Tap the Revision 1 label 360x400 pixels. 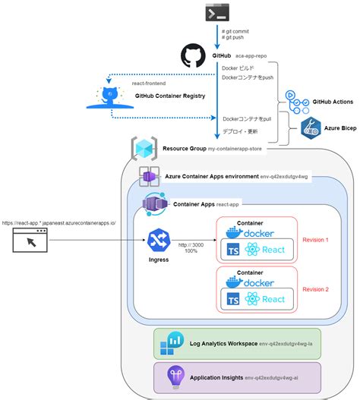tap(315, 239)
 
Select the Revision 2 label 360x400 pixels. tap(315, 288)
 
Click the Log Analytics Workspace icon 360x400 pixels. tap(169, 345)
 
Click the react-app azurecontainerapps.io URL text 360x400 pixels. tap(59, 223)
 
